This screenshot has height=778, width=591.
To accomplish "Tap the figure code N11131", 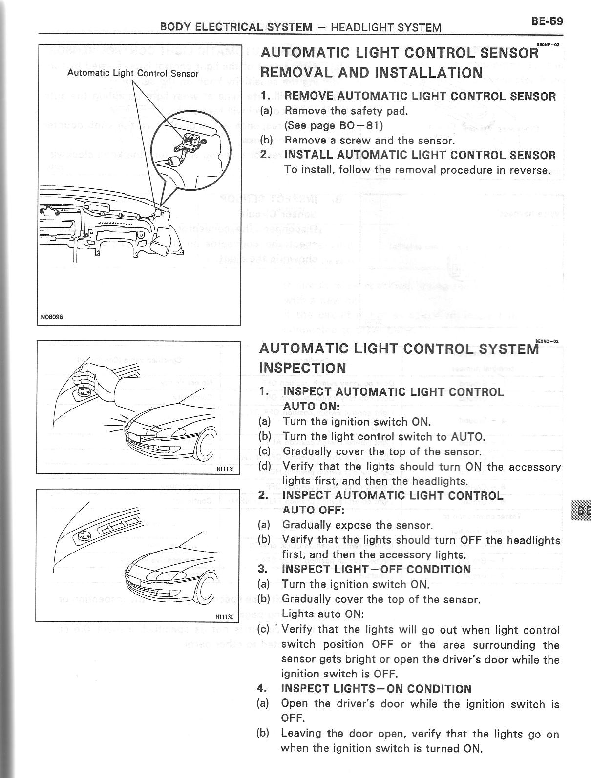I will coord(226,469).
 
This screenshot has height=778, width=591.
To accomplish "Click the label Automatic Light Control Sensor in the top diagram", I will coord(133,74).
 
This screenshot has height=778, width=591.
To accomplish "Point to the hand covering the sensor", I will coord(98,376).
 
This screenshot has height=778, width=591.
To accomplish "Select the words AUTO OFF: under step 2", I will coord(314,510).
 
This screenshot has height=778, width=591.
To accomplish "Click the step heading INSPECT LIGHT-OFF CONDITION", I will coord(376,569).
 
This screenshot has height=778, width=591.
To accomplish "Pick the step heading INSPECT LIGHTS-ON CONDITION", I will coord(376,689).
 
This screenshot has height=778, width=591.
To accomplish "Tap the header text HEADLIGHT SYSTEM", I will coord(386,28).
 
